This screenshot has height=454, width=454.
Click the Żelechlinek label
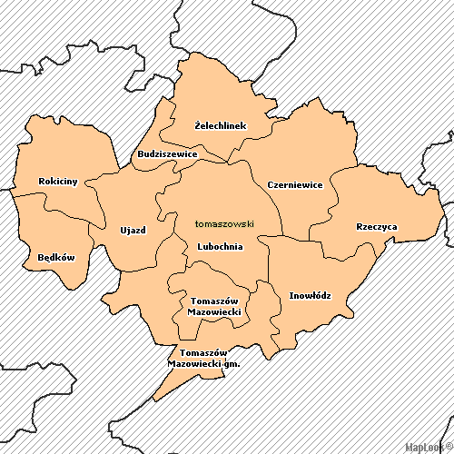pos(221,125)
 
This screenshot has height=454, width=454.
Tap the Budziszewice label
pos(167,154)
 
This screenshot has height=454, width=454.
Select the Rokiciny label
pos(58,182)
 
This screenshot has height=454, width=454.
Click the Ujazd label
pos(133,230)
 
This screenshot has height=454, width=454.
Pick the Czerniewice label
pos(295,185)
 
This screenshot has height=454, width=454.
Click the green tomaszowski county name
pos(224,223)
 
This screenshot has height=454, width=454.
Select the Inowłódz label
pos(310,295)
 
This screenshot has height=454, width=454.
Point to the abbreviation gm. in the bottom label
pos(232,363)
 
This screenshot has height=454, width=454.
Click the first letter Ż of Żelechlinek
pos(199,125)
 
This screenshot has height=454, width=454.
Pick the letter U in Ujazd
pos(123,230)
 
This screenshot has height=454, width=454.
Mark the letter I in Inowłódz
pos(291,295)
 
